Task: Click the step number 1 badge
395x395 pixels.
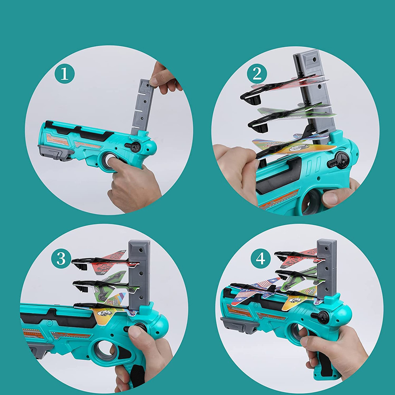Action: (x=64, y=73)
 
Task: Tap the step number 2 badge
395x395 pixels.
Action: (x=257, y=73)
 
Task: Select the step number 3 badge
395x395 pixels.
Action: (x=61, y=258)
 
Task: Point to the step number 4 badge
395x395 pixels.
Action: (x=260, y=258)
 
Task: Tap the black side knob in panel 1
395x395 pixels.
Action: (x=134, y=147)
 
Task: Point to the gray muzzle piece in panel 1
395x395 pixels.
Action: (x=54, y=152)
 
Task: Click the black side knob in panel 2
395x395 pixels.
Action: (x=339, y=160)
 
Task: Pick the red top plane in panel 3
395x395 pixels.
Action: (x=106, y=262)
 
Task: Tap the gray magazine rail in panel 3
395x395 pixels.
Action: (x=139, y=275)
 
